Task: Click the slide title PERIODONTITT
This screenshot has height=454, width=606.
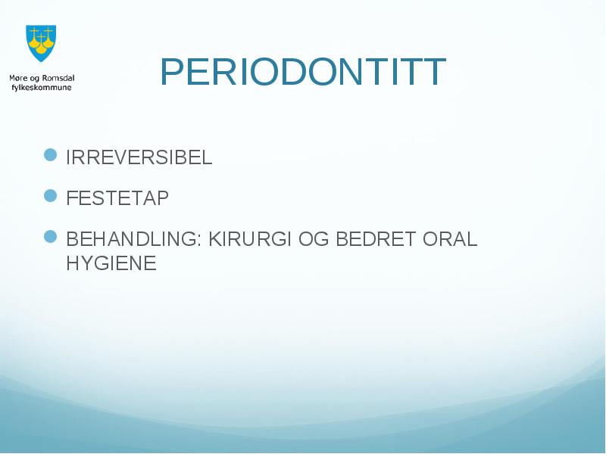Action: pyautogui.click(x=303, y=72)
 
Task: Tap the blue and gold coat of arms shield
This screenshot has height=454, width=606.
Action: pyautogui.click(x=41, y=43)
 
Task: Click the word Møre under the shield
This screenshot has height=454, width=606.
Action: pyautogui.click(x=18, y=79)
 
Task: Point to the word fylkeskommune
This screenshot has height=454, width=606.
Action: pyautogui.click(x=42, y=88)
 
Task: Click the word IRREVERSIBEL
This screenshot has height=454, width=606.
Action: pyautogui.click(x=139, y=157)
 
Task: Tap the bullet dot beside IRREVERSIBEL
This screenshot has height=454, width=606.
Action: pyautogui.click(x=51, y=155)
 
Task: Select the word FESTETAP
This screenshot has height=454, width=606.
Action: pyautogui.click(x=117, y=198)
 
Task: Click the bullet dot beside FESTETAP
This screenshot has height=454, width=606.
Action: pyautogui.click(x=51, y=196)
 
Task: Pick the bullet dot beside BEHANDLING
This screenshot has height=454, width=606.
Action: pyautogui.click(x=51, y=236)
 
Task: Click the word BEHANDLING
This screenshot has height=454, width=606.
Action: pyautogui.click(x=131, y=239)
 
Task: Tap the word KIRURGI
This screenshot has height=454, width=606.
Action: pyautogui.click(x=250, y=239)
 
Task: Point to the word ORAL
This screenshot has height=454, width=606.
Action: pyautogui.click(x=450, y=239)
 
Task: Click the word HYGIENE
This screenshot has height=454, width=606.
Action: pyautogui.click(x=111, y=263)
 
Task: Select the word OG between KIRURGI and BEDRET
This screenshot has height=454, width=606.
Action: pyautogui.click(x=314, y=239)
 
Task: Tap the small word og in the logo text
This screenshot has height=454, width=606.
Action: pyautogui.click(x=34, y=79)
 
